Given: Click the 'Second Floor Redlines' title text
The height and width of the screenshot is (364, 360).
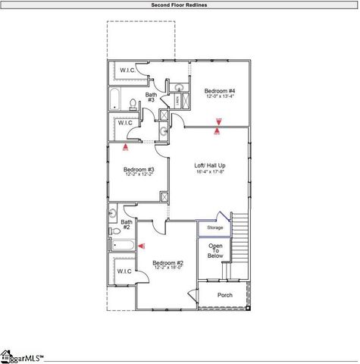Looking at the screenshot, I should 180,5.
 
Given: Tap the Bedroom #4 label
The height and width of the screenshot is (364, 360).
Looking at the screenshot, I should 220,90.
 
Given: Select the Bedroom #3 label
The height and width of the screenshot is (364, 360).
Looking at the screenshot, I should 139,169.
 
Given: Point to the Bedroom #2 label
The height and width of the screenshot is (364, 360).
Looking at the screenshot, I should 169,262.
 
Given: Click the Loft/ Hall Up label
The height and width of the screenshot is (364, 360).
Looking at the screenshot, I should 210,165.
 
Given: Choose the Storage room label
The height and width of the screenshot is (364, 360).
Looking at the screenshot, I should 215,227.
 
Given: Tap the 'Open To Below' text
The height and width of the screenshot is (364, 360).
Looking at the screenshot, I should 216,251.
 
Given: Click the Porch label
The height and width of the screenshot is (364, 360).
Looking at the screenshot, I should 225,295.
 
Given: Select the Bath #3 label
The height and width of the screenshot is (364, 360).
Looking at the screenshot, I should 152,97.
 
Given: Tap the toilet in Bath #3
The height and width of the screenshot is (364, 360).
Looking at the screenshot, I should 133,104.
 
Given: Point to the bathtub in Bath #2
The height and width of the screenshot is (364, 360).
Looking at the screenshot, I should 123,246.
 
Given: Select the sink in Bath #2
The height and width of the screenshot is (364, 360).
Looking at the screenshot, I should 112,215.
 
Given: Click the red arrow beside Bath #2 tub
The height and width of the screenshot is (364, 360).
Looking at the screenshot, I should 141,246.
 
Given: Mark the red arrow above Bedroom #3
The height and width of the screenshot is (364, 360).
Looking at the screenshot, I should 126,148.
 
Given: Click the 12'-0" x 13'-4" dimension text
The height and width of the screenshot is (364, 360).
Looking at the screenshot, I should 220,96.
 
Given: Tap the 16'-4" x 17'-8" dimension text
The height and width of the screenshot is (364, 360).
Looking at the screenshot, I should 210,171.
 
